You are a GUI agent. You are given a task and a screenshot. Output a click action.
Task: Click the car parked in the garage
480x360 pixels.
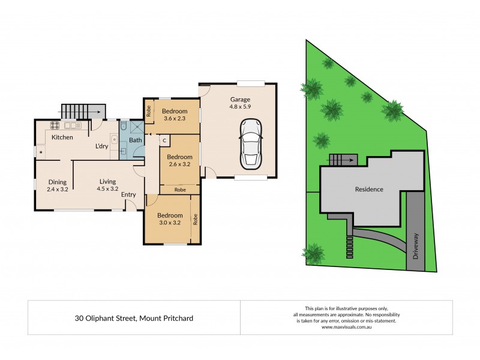[x=251, y=144]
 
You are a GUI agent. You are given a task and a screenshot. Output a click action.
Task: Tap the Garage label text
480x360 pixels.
[x=239, y=100]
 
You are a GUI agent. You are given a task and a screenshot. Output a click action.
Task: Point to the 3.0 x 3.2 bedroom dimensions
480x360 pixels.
[x=170, y=223]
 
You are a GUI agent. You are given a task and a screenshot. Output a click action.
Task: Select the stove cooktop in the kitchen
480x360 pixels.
[x=55, y=125]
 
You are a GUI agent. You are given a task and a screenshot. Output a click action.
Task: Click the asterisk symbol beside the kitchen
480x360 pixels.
[x=41, y=152]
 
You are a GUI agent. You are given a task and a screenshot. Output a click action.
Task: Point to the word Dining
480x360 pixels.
[x=58, y=182]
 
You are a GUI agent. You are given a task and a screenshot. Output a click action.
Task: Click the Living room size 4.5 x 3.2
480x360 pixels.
[x=108, y=189]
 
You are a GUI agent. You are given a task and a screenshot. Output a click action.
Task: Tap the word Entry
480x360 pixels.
[x=128, y=194]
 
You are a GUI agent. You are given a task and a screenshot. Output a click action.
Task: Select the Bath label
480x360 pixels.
[x=136, y=140]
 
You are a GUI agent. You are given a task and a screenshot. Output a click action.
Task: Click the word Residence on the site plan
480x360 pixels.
[x=368, y=189]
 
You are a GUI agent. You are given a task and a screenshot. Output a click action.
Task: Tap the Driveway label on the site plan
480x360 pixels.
[x=416, y=245]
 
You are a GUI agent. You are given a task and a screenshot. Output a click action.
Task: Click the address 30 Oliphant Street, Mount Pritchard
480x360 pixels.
[x=134, y=318]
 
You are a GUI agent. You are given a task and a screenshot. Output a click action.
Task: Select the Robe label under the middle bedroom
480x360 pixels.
[x=180, y=190]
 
